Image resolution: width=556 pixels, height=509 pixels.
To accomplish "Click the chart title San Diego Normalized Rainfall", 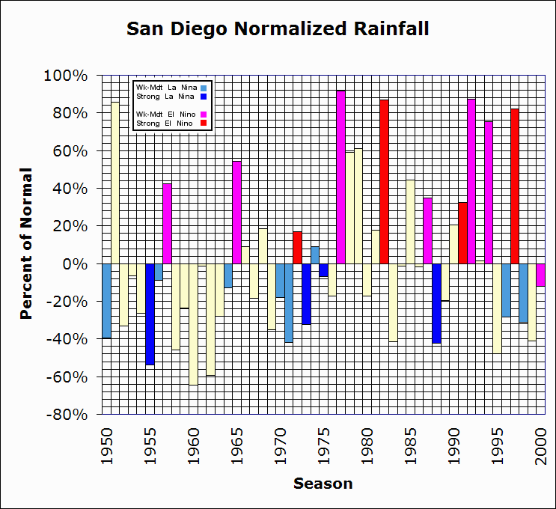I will click(278, 29).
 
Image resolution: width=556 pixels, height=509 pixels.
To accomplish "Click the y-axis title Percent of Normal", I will click(26, 244).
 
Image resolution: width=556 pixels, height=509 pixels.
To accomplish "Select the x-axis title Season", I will click(323, 484).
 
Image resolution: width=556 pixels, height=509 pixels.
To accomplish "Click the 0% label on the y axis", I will click(78, 264).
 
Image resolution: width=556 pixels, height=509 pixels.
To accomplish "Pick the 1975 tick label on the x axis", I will click(324, 442).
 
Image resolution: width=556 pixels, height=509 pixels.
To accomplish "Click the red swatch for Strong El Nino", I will click(203, 123).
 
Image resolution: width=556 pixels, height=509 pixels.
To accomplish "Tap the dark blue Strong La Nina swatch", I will click(203, 97).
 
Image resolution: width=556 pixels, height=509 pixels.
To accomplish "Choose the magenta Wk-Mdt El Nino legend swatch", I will click(203, 114).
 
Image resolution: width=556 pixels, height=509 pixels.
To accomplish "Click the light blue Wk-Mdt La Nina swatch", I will click(203, 88).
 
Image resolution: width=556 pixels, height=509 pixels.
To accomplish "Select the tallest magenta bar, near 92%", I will click(340, 177).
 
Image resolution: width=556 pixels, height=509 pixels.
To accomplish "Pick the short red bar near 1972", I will click(297, 248).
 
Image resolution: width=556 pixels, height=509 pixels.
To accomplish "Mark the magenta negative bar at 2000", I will click(541, 275).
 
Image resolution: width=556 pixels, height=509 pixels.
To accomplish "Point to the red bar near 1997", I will click(515, 186).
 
